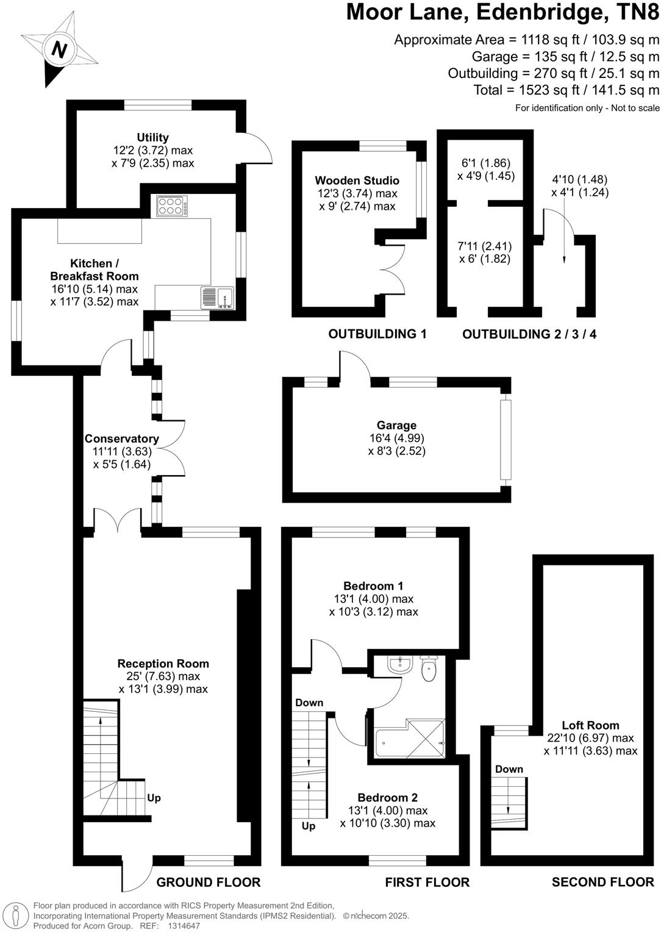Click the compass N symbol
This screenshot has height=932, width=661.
[x=59, y=49]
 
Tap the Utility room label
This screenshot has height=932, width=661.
[x=153, y=137]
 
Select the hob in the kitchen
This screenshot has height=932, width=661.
[x=171, y=206]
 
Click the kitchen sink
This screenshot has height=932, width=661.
[x=217, y=298]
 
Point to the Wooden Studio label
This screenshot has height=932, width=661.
[x=357, y=181]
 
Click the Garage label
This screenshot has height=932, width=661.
[x=396, y=425]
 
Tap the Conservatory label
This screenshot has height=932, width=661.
[x=121, y=439]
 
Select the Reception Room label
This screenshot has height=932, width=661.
[x=163, y=664]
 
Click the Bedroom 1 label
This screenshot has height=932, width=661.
[x=373, y=586]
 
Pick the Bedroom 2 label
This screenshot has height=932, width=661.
[x=387, y=798]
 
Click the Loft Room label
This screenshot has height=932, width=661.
[x=590, y=725]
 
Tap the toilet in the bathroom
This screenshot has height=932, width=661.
[x=429, y=670]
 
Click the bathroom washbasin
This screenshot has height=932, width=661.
[x=401, y=664]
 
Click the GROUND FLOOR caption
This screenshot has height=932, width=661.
[x=209, y=882]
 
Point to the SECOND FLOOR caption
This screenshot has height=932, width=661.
[x=602, y=882]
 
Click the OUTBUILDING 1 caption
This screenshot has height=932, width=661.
[x=377, y=334]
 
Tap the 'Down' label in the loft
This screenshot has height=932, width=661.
[x=509, y=769]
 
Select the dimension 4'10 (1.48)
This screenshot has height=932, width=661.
[x=579, y=179]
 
